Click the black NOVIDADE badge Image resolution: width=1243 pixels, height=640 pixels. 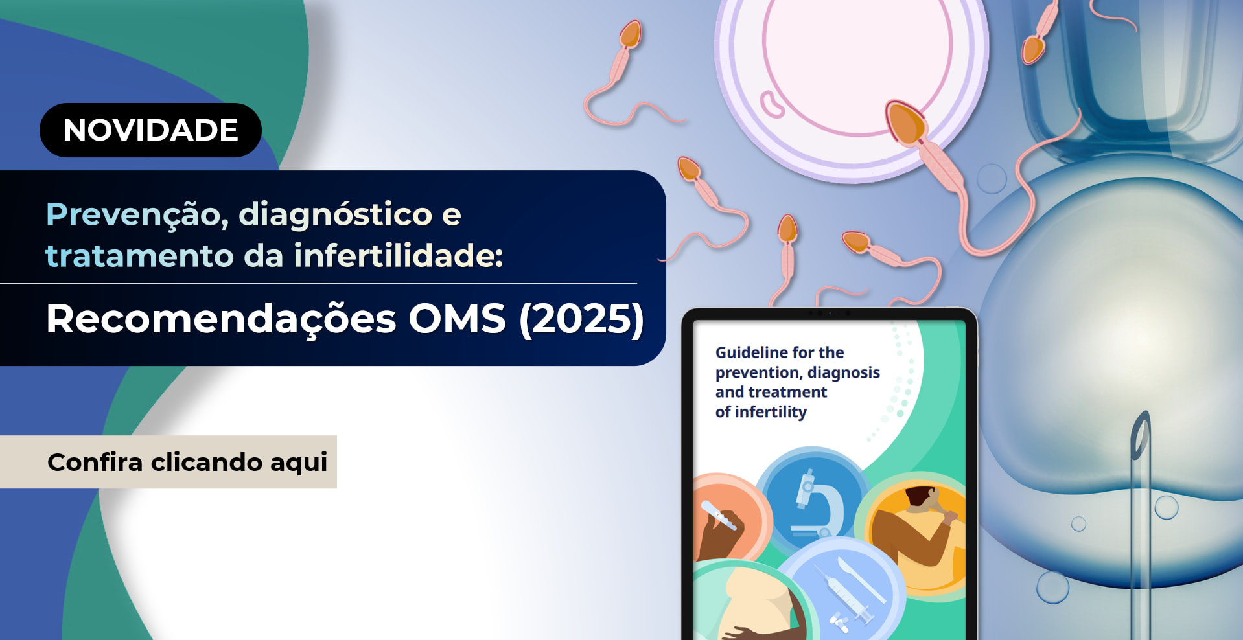click(x=150, y=130)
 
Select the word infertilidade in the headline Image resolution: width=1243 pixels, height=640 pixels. click(x=398, y=255)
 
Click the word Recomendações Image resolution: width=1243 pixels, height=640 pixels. click(x=221, y=319)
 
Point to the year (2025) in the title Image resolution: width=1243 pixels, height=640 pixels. click(x=581, y=319)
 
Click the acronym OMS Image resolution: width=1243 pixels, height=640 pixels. click(x=457, y=319)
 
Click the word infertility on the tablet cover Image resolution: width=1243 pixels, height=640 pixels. click(x=771, y=412)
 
